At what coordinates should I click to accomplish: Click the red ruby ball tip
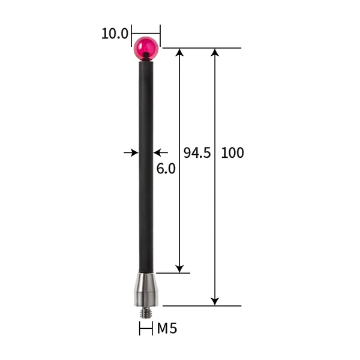pos(146,47)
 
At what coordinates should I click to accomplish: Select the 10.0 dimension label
pos(115,33)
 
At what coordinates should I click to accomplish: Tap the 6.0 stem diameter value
pos(166,169)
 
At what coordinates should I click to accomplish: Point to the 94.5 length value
pos(197,153)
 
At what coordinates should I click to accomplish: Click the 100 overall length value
pos(232,153)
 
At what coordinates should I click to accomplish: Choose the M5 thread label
pos(167,328)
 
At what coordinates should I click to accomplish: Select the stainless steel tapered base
pos(146,287)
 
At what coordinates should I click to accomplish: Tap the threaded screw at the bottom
pos(146,310)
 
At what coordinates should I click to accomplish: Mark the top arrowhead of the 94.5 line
pos(179,53)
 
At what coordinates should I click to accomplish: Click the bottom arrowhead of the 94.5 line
pos(179,268)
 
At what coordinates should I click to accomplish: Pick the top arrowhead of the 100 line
pos(215,53)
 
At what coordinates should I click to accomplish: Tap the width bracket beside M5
pos(146,328)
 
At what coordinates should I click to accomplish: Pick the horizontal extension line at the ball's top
pos(202,48)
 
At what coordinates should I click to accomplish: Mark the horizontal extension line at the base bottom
pos(202,305)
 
